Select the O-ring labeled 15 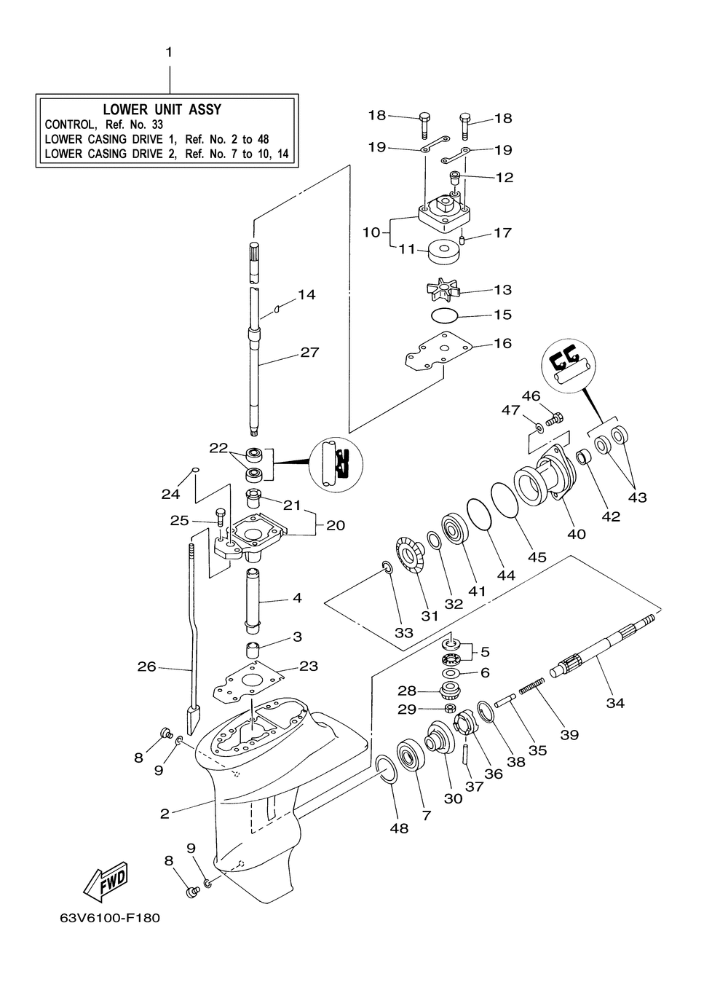click(444, 315)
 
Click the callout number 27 click(309, 353)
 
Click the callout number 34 click(615, 703)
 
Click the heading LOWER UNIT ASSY click(162, 109)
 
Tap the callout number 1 click(169, 52)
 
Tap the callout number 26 click(147, 667)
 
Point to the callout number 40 click(577, 534)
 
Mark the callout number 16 click(503, 344)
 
